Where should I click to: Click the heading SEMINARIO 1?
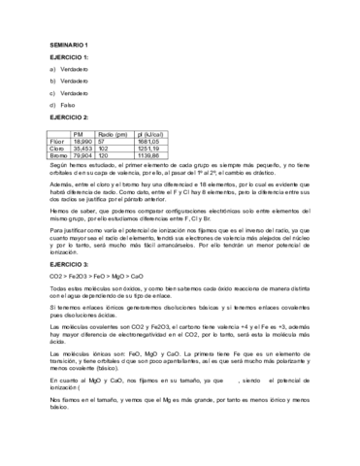pyautogui.click(x=68, y=46)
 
